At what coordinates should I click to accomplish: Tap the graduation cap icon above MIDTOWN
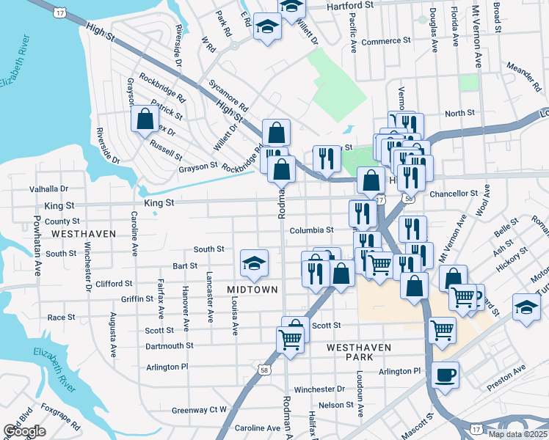coord(254,263)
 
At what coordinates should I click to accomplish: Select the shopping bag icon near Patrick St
coord(145,118)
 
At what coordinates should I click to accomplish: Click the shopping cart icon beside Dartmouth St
coord(291,340)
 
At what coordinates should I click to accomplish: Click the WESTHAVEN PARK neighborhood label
coord(359,351)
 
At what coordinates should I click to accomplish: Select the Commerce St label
coord(379,42)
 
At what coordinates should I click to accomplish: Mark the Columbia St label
coord(311,230)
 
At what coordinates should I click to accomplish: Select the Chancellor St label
coord(454,194)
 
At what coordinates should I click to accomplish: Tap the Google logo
coord(25,431)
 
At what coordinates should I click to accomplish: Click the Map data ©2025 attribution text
coord(517,434)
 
